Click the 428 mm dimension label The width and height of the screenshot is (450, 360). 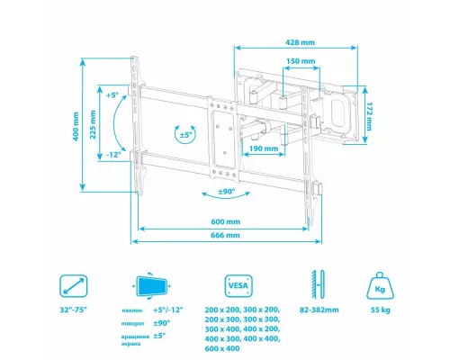click(x=300, y=42)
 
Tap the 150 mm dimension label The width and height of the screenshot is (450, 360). click(x=301, y=61)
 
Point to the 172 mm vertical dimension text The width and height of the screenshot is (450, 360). click(x=369, y=117)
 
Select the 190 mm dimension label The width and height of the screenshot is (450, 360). click(x=264, y=148)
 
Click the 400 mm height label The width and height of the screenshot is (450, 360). click(x=76, y=126)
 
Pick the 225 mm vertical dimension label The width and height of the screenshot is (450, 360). click(x=93, y=124)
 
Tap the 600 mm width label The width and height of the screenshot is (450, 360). click(x=226, y=221)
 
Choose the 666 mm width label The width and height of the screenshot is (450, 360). click(x=225, y=235)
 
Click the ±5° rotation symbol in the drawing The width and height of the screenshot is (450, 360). click(x=185, y=135)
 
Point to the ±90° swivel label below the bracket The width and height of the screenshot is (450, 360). click(x=227, y=192)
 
